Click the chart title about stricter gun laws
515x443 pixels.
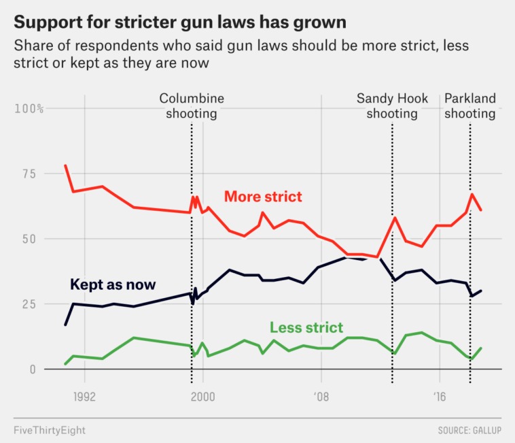180,22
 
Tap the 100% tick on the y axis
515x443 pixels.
29,109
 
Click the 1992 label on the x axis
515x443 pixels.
84,395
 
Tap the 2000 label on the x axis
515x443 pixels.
202,395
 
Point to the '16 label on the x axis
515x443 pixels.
440,395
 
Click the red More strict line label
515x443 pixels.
263,197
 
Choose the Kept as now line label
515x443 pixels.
113,284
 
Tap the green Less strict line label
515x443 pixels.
306,327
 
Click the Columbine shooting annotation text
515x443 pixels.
192,106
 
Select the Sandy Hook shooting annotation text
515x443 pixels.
393,106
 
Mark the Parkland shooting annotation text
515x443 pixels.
470,106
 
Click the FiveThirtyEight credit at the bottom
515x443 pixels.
50,430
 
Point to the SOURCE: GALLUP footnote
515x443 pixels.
469,430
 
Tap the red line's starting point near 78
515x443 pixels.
65,166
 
